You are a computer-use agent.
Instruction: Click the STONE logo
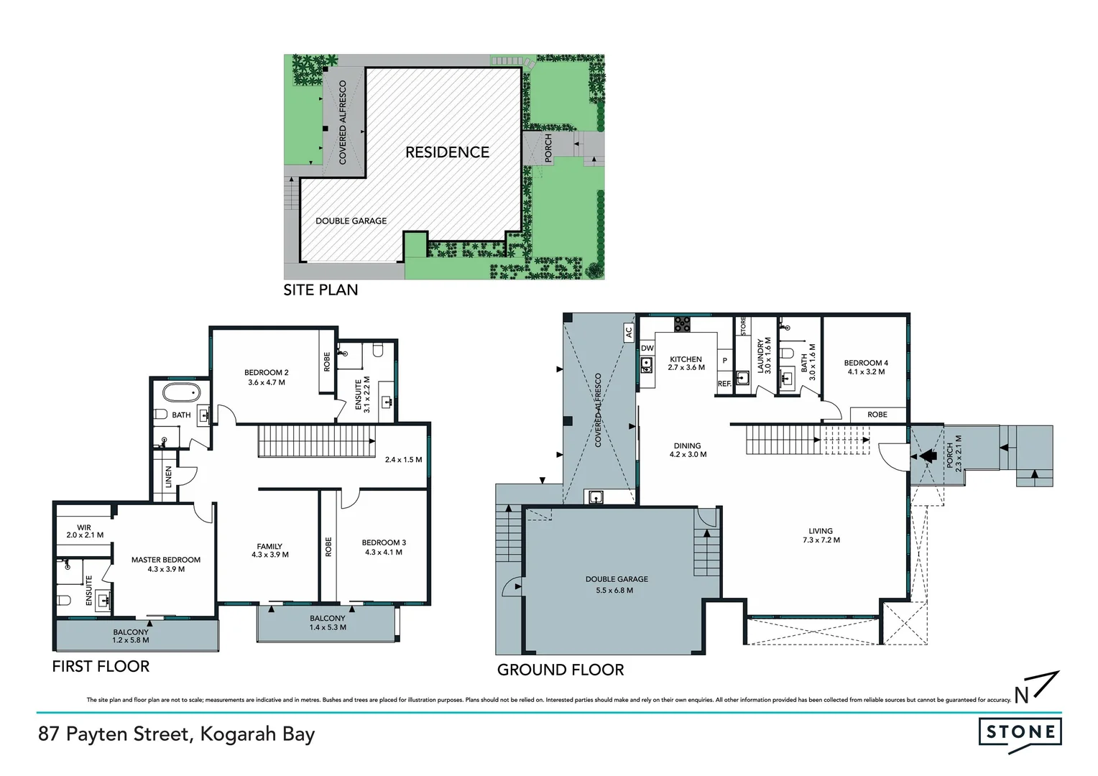(x=1020, y=732)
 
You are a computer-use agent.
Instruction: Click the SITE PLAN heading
(x=320, y=290)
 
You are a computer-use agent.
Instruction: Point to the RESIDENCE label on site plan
(x=447, y=152)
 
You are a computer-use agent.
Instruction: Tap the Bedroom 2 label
(x=266, y=372)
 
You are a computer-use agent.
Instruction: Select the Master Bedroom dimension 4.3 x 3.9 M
(x=166, y=569)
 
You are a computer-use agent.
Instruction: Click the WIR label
(x=84, y=527)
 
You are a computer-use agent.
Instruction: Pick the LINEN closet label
(x=169, y=476)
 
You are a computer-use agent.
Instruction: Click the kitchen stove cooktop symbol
(x=682, y=324)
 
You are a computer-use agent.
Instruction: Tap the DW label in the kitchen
(x=647, y=348)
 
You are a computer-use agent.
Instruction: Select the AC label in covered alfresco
(x=628, y=332)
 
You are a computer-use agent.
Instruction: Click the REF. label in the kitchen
(x=724, y=384)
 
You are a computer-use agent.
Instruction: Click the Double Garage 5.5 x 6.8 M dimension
(x=616, y=591)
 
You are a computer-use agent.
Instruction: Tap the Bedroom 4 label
(x=865, y=363)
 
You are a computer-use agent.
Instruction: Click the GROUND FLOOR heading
(x=560, y=670)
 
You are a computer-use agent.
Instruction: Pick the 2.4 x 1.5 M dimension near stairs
(x=402, y=460)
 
